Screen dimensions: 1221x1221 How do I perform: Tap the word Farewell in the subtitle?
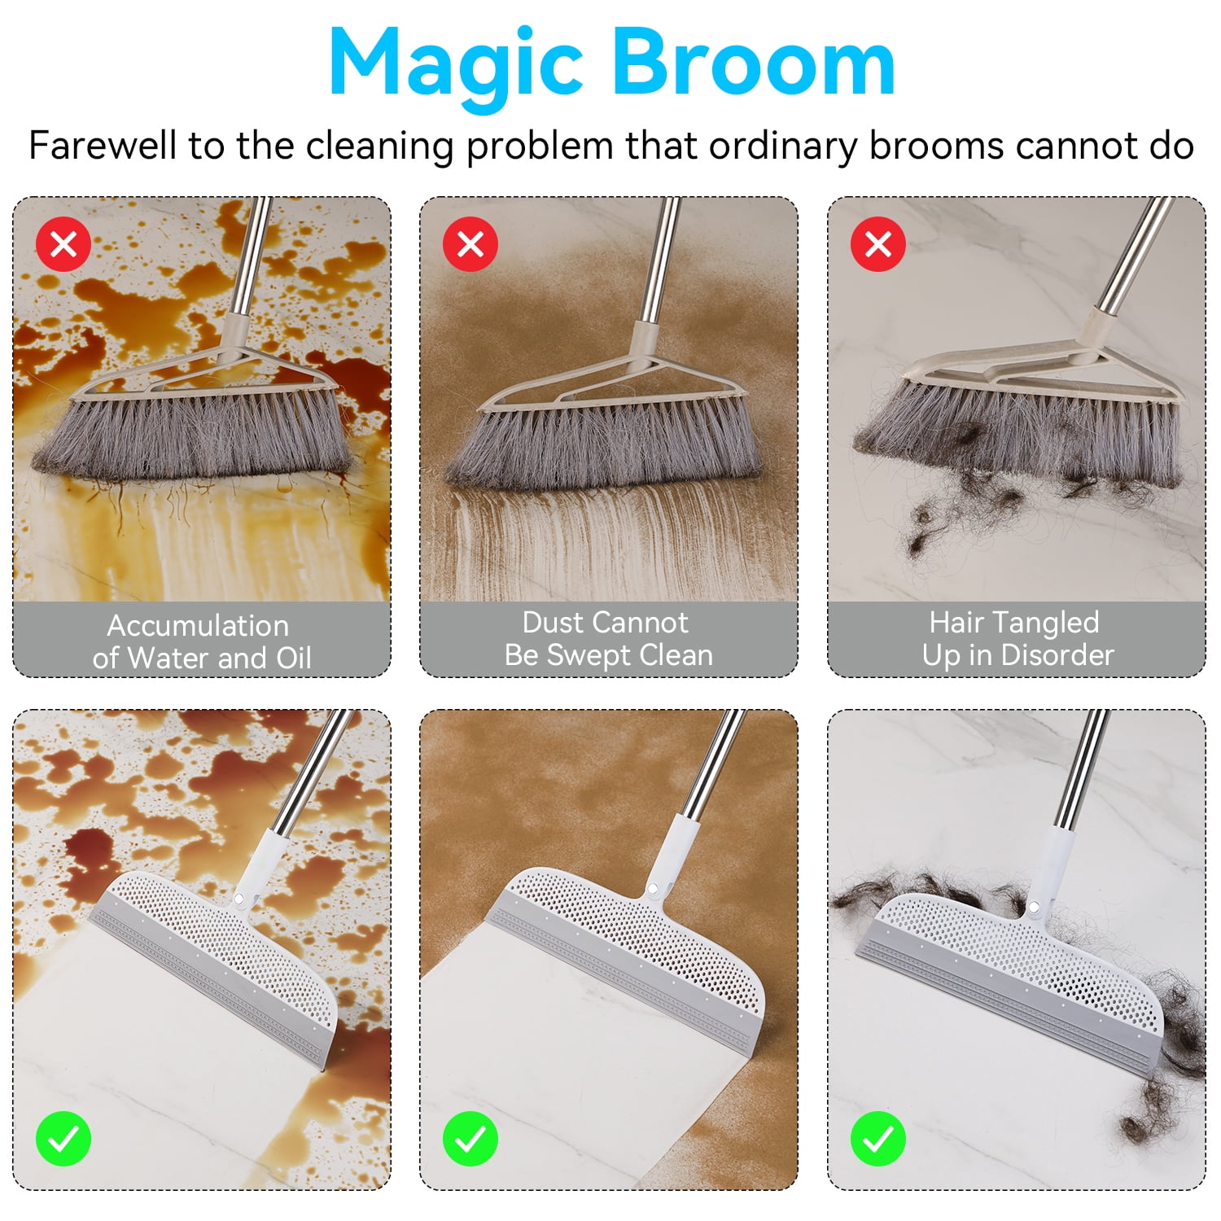tap(103, 146)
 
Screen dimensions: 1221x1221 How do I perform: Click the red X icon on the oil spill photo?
tap(63, 243)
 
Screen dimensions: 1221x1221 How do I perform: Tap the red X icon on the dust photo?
tap(470, 243)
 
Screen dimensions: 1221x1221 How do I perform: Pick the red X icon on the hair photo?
tap(878, 243)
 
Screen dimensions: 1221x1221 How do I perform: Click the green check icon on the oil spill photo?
tap(63, 1138)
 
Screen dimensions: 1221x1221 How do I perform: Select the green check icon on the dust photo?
tap(470, 1138)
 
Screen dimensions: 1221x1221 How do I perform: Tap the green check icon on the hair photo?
tap(878, 1138)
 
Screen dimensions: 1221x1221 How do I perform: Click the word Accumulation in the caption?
tap(199, 625)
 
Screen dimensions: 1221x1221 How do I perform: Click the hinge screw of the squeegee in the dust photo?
tap(652, 887)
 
